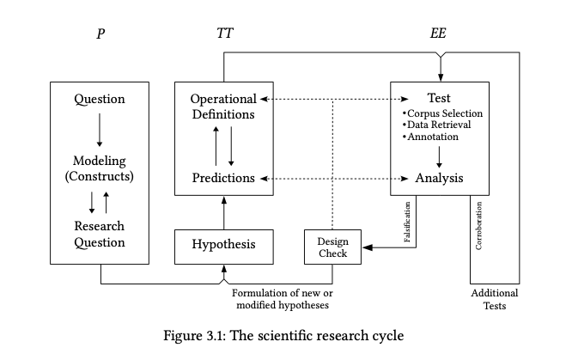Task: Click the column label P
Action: (x=100, y=35)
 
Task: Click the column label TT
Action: (x=225, y=35)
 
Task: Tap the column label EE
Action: (x=439, y=35)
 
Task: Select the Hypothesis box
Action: (x=223, y=245)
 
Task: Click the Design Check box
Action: (x=332, y=247)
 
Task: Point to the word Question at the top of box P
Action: (x=100, y=99)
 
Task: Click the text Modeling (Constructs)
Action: (x=100, y=169)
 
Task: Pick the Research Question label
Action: (x=100, y=235)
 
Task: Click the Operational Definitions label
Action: (x=223, y=107)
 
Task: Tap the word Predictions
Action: (x=223, y=179)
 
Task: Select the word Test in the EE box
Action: (x=440, y=98)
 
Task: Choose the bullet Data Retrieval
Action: (x=439, y=125)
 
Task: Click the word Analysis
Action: (x=439, y=179)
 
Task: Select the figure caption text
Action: (x=283, y=334)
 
